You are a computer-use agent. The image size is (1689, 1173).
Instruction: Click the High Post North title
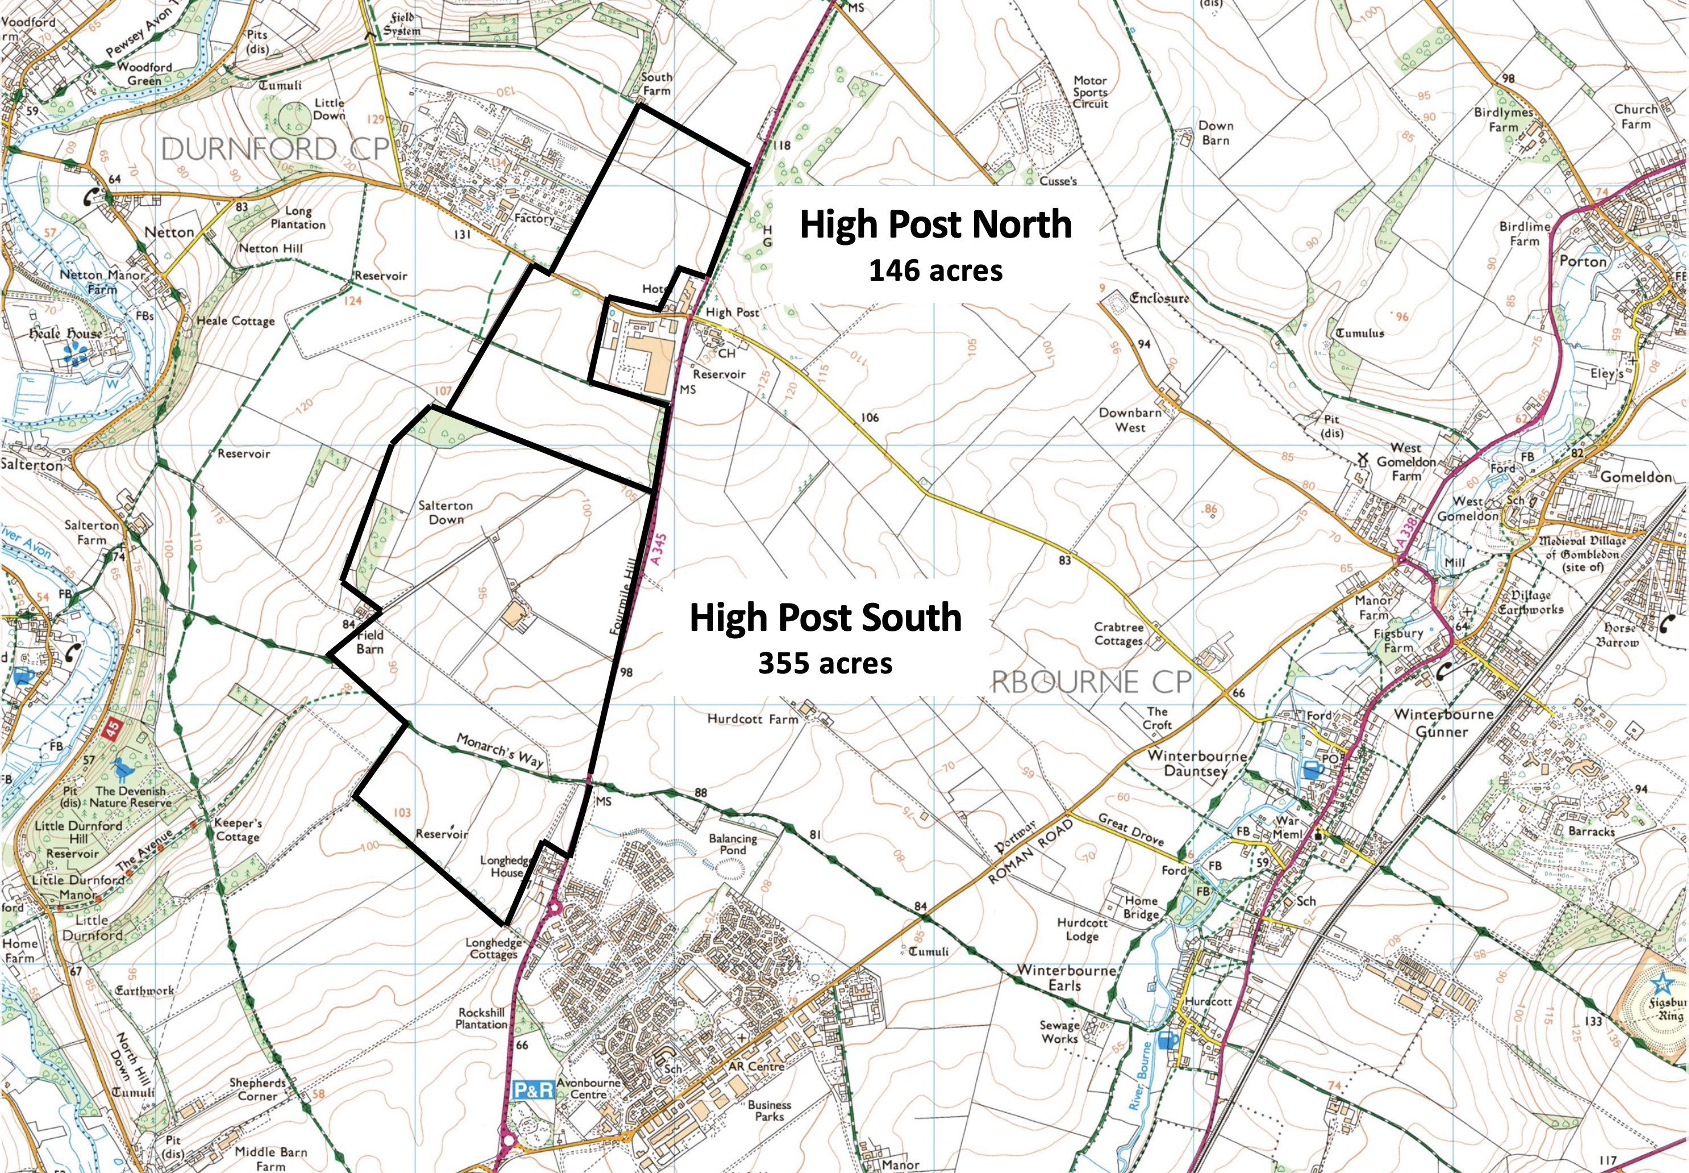coord(935,224)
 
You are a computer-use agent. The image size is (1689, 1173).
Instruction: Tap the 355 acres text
coord(825,664)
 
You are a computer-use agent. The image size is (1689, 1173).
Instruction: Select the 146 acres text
coord(935,271)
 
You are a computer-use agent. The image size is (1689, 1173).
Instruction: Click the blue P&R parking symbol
coord(532,1089)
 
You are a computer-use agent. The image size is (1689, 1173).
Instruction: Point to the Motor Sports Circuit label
coord(1090,92)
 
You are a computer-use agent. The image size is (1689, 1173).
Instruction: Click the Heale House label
coord(65,334)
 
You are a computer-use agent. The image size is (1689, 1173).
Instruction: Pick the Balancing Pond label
coord(732,844)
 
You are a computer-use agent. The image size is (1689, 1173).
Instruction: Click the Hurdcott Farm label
coord(752,719)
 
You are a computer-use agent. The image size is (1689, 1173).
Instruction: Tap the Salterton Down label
coord(446,512)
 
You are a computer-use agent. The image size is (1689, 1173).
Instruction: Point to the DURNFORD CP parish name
coord(275,149)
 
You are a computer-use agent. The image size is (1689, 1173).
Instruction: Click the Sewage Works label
coord(1059,1031)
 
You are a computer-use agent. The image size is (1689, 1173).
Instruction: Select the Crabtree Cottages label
coord(1118,634)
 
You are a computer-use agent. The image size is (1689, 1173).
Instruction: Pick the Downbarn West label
coord(1130,419)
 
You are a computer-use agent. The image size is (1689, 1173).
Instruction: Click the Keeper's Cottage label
coord(238,830)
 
